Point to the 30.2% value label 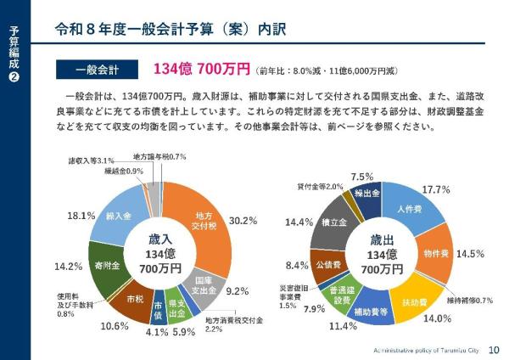click(243, 221)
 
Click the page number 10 click(494, 349)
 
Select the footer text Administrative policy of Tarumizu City click(426, 349)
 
